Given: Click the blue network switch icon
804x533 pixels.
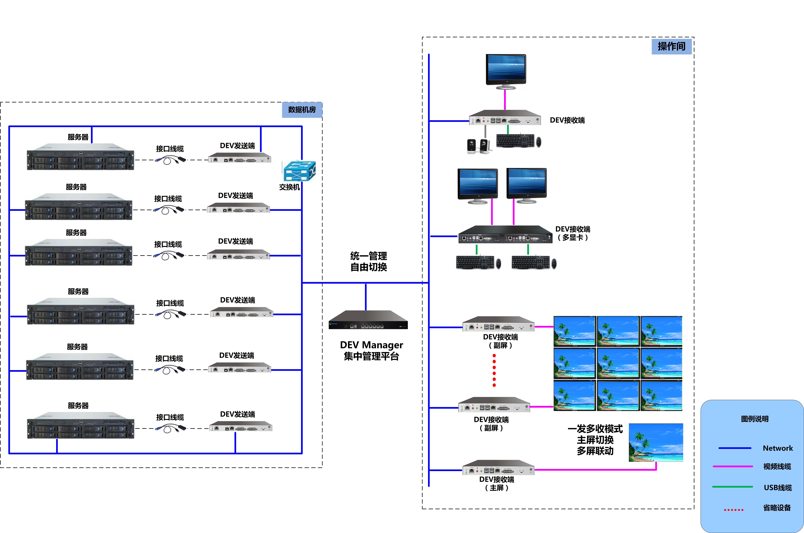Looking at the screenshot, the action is (x=299, y=171).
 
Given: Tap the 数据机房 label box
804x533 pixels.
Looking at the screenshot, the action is (x=302, y=110).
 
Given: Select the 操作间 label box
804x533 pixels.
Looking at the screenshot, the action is (x=671, y=46).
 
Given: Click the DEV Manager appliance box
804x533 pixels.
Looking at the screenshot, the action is (x=368, y=320).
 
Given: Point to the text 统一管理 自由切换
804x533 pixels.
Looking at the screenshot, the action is (x=368, y=261).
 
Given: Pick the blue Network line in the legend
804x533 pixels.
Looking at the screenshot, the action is (x=735, y=448).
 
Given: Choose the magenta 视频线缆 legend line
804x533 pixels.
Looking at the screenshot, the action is (x=733, y=466).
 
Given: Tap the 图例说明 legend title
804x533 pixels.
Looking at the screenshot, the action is (x=755, y=419).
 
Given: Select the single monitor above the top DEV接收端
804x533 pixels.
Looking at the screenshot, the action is (x=506, y=71).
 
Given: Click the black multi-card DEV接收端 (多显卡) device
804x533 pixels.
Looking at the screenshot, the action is (x=505, y=234).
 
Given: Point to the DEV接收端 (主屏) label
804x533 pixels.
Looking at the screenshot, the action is (x=497, y=483).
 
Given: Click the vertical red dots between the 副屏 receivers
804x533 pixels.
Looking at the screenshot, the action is (x=494, y=370).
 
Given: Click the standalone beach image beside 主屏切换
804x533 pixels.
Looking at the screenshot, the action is (x=656, y=442).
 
